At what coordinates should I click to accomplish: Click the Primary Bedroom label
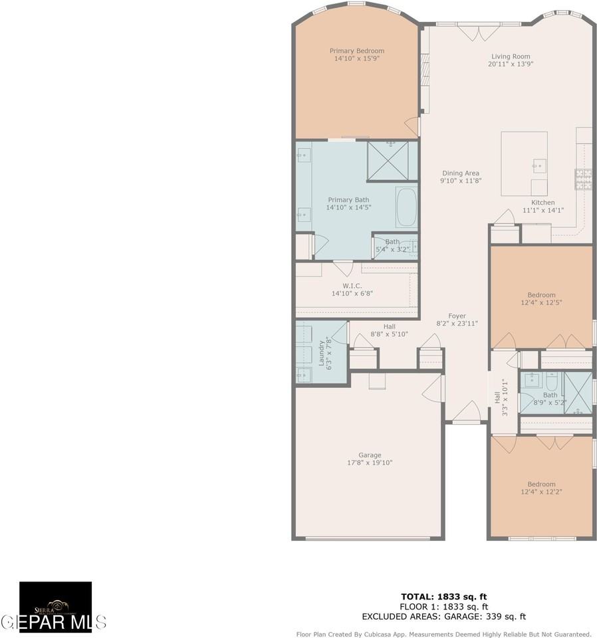tap(357, 51)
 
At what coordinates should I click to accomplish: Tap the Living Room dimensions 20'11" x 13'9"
tap(511, 64)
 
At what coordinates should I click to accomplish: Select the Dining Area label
tap(459, 173)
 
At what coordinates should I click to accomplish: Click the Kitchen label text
tap(542, 203)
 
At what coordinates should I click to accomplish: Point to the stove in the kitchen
tap(583, 178)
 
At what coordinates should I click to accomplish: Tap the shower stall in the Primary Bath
tap(392, 160)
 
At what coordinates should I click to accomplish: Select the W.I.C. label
tap(352, 285)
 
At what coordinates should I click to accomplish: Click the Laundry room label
tap(321, 354)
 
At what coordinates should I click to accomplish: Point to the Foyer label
tap(457, 316)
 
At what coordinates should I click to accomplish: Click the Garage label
tap(370, 455)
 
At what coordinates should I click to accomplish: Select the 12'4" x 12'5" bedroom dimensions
tap(541, 303)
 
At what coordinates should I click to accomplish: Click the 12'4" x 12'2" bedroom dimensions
tap(541, 492)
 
